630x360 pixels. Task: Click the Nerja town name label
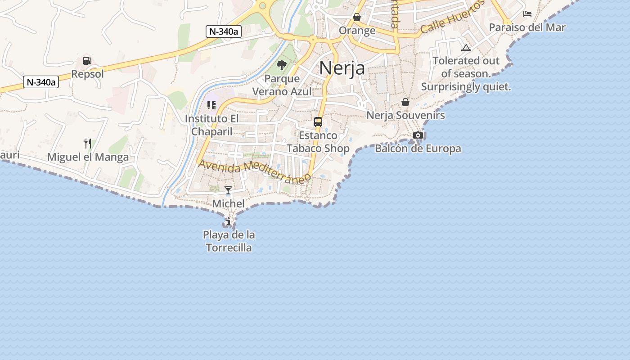point(342,68)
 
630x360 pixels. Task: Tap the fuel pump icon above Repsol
point(87,61)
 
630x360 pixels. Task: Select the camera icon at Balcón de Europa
point(418,135)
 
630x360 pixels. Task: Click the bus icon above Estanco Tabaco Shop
point(318,121)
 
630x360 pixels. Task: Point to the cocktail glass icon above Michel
point(228,190)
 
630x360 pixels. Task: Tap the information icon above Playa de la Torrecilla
point(229,221)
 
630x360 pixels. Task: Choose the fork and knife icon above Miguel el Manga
point(88,144)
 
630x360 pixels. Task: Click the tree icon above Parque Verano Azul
point(282,65)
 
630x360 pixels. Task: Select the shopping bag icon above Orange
point(357,17)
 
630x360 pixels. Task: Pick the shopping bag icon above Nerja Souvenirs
point(405,102)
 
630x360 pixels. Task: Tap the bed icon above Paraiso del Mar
point(527,14)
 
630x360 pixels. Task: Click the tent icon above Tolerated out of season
point(466,48)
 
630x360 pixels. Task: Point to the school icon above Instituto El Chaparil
point(211,105)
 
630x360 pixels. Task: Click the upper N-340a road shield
point(224,31)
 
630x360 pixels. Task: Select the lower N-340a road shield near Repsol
point(41,82)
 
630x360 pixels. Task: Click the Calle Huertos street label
point(453,17)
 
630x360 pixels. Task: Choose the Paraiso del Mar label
point(527,27)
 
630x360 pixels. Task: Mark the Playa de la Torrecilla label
point(229,241)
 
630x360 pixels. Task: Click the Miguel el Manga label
point(88,157)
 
